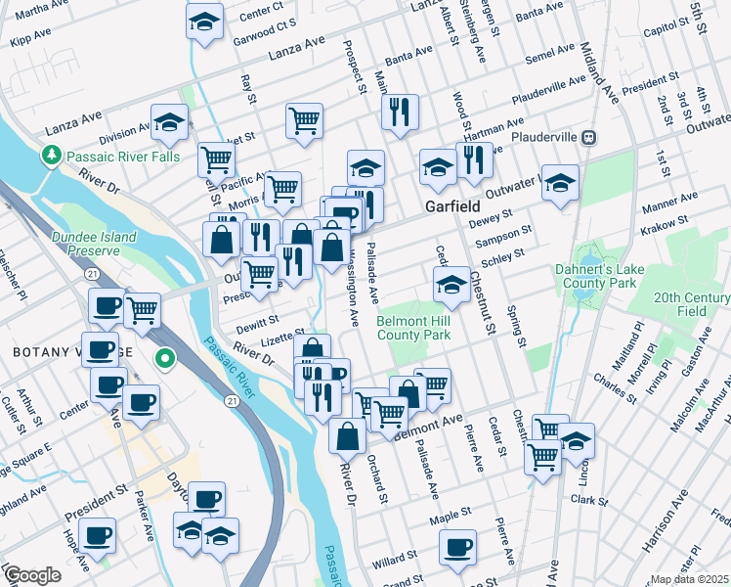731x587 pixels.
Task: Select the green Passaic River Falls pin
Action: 50,156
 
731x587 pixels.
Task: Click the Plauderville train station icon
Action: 589,137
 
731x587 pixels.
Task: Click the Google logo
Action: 31,575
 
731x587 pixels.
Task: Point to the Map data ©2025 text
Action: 688,579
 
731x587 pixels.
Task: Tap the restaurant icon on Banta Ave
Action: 400,112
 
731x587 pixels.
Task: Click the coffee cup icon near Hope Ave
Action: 98,537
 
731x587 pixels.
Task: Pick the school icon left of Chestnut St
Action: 451,285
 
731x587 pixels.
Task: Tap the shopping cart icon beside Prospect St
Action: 305,120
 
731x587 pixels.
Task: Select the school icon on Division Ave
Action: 169,122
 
